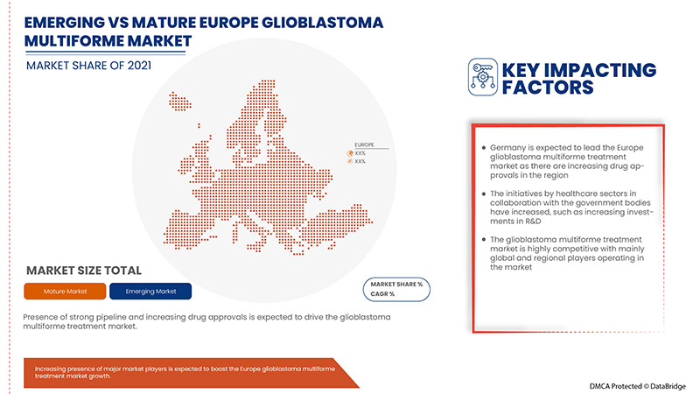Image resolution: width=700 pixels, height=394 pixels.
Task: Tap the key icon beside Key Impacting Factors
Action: [x=483, y=76]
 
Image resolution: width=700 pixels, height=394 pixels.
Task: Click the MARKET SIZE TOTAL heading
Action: [x=84, y=271]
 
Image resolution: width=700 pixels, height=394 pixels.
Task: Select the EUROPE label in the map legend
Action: [x=364, y=144]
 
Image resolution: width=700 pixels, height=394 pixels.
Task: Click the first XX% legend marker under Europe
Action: [x=339, y=153]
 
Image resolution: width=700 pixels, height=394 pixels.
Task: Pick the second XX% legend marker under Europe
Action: [x=339, y=162]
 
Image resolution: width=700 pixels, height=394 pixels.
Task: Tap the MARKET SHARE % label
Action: [x=397, y=285]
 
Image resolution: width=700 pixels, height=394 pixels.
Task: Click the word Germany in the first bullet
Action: [x=511, y=147]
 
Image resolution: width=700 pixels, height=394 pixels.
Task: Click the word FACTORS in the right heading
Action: [x=547, y=88]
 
